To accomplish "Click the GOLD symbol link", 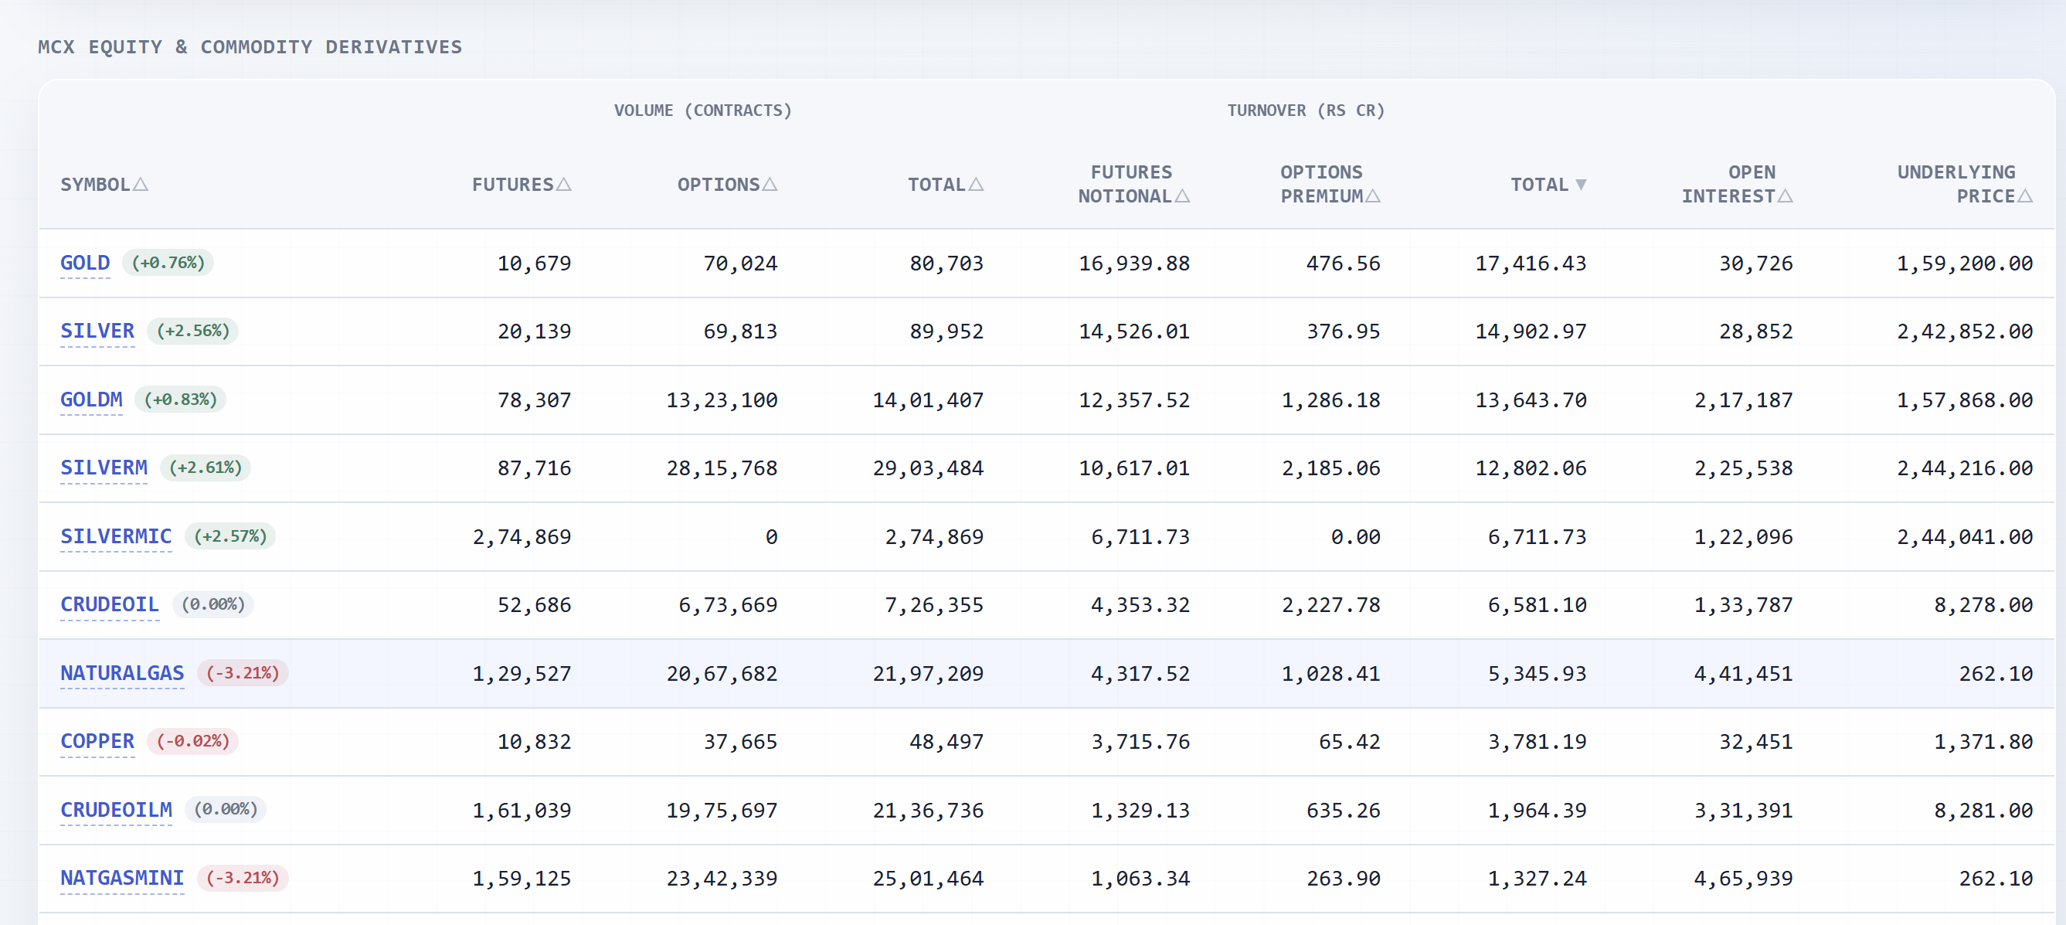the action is pyautogui.click(x=85, y=264).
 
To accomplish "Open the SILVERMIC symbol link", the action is pyautogui.click(x=117, y=537).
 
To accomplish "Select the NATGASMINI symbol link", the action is pyautogui.click(x=122, y=879).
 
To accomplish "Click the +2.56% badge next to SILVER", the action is pyautogui.click(x=192, y=332).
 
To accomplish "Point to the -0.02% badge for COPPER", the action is pyautogui.click(x=192, y=741).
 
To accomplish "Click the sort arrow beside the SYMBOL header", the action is pyautogui.click(x=141, y=185).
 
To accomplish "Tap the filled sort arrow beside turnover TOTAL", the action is pyautogui.click(x=1581, y=185).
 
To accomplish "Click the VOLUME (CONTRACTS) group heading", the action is pyautogui.click(x=702, y=111).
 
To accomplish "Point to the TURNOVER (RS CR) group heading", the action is pyautogui.click(x=1306, y=111).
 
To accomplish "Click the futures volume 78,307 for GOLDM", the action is pyautogui.click(x=534, y=400).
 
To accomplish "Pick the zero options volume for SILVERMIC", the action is pyautogui.click(x=772, y=537).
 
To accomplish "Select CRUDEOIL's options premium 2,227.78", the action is pyautogui.click(x=1330, y=605).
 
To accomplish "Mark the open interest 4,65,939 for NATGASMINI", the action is pyautogui.click(x=1743, y=879).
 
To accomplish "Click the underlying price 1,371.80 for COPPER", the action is pyautogui.click(x=1983, y=741).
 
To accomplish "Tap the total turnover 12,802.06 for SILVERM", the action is pyautogui.click(x=1531, y=468).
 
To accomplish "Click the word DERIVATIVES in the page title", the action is pyautogui.click(x=394, y=47).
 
